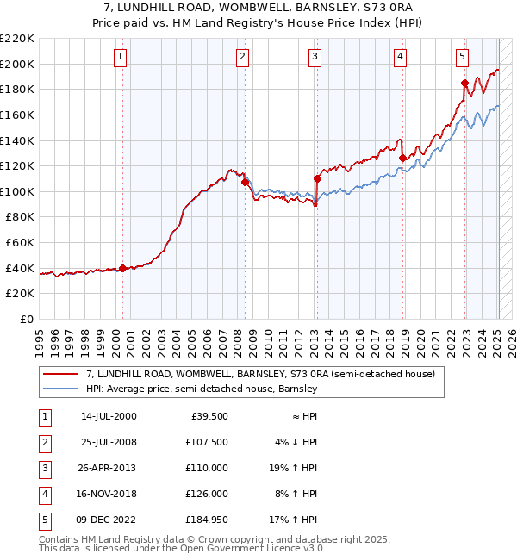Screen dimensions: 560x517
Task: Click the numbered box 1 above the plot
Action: (x=120, y=57)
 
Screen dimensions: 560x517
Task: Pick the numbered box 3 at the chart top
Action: (x=315, y=57)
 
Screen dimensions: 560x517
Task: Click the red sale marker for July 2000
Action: (x=122, y=268)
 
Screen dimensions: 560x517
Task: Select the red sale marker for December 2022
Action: (x=464, y=83)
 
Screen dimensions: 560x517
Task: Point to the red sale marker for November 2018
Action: (x=402, y=158)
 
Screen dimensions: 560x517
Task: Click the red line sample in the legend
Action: (x=61, y=374)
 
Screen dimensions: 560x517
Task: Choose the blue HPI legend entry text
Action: (x=202, y=389)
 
